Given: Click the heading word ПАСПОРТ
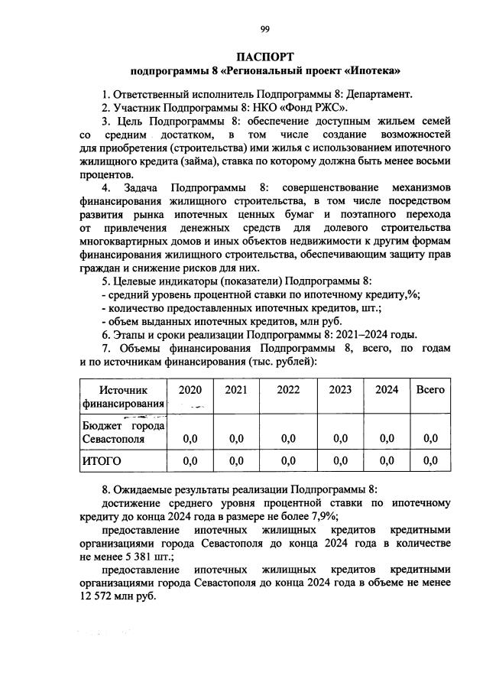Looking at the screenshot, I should [264, 57].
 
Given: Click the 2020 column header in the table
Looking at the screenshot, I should [190, 389].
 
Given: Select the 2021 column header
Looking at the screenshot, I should [236, 389].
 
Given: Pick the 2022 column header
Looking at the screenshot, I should [288, 389].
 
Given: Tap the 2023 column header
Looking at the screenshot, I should [340, 389].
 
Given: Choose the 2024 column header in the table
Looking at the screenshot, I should [387, 389].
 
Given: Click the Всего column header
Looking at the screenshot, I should [430, 389].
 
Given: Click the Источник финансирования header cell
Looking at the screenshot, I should [124, 396].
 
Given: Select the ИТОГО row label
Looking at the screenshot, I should [102, 460].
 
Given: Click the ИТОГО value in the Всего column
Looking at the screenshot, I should [430, 460].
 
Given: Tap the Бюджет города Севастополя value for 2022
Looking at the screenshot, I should [288, 438].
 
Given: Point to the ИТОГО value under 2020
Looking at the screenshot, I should [190, 460].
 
